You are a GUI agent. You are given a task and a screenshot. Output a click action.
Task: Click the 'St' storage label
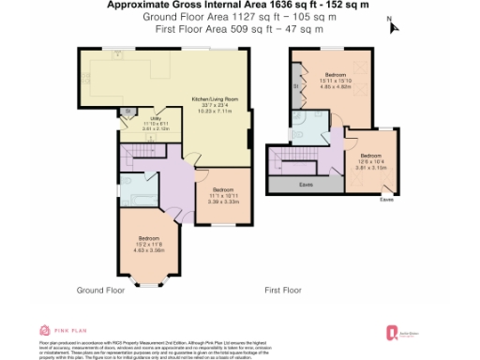296,87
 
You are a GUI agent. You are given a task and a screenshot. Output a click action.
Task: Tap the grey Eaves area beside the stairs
306,184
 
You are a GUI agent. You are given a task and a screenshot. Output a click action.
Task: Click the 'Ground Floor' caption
100,291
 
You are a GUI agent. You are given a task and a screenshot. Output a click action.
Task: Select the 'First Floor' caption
285,291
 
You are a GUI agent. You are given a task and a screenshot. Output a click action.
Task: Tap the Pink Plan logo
57,330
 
